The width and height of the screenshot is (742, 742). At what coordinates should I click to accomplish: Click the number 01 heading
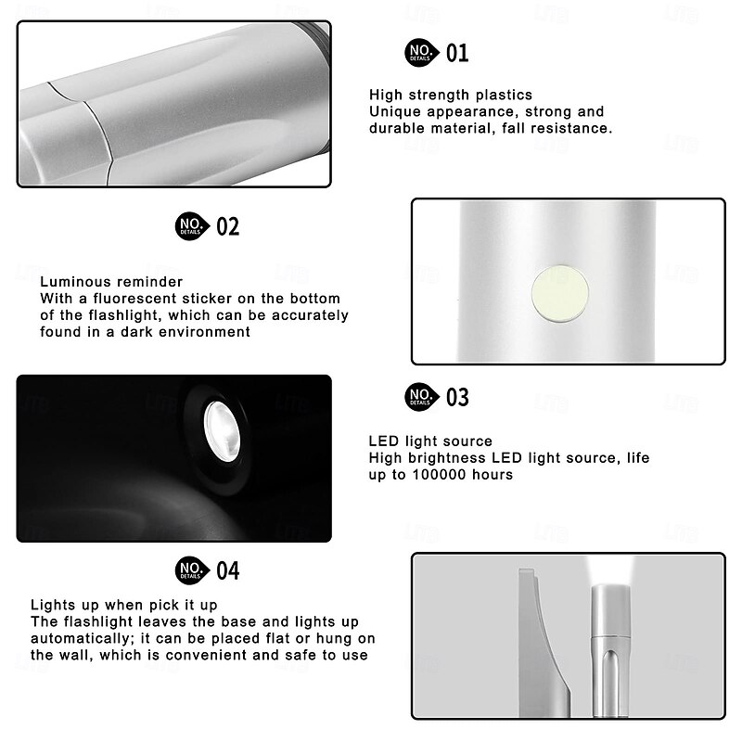(457, 53)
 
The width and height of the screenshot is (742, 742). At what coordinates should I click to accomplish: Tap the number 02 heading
(227, 226)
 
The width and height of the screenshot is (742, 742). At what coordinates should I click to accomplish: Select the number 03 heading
(457, 398)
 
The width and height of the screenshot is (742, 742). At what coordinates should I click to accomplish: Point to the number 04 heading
(227, 570)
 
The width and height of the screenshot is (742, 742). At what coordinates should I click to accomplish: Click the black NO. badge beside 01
(420, 53)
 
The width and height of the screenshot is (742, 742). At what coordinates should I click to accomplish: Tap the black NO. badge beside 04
(190, 570)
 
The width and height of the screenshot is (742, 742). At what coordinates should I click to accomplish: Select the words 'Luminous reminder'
(111, 282)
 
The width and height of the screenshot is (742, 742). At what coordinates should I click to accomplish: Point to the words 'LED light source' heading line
(430, 441)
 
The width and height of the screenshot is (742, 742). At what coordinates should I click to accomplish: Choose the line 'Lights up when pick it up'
(124, 605)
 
